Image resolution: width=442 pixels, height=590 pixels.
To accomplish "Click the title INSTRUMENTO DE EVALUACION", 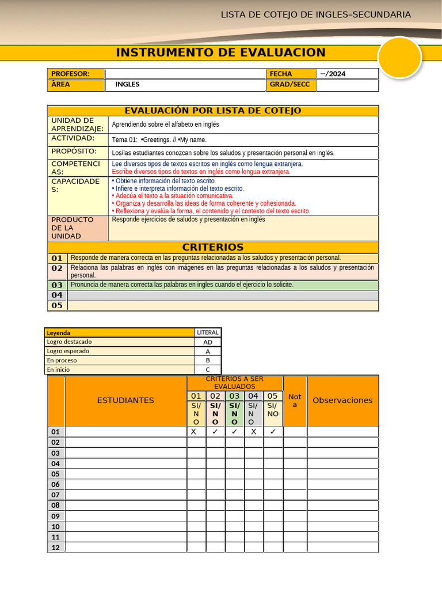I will [x=220, y=53].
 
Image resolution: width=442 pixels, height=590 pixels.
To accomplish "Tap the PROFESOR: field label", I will [x=70, y=74].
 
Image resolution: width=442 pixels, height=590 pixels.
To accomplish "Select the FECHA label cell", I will [x=280, y=74].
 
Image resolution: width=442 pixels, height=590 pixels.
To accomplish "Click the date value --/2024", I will [x=333, y=74].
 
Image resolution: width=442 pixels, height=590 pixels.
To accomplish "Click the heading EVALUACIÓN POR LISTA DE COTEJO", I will [x=213, y=111].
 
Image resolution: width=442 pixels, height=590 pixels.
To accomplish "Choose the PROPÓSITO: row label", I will [x=74, y=152].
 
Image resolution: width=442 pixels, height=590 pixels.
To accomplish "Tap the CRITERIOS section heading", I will [x=213, y=247].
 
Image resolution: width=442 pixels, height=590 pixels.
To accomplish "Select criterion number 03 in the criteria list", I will [x=57, y=285].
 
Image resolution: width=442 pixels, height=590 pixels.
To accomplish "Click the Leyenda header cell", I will [x=59, y=332].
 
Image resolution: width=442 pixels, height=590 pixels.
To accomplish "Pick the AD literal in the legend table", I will [x=208, y=342].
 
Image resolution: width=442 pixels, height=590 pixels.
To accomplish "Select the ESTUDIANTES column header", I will [x=125, y=400].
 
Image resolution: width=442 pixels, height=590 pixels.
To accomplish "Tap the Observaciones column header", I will [x=342, y=400].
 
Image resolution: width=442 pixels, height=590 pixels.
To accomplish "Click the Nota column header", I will [x=295, y=400].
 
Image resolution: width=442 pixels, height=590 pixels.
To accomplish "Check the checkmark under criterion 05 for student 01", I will [x=273, y=432].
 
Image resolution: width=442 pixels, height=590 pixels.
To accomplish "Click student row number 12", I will [x=56, y=547].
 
